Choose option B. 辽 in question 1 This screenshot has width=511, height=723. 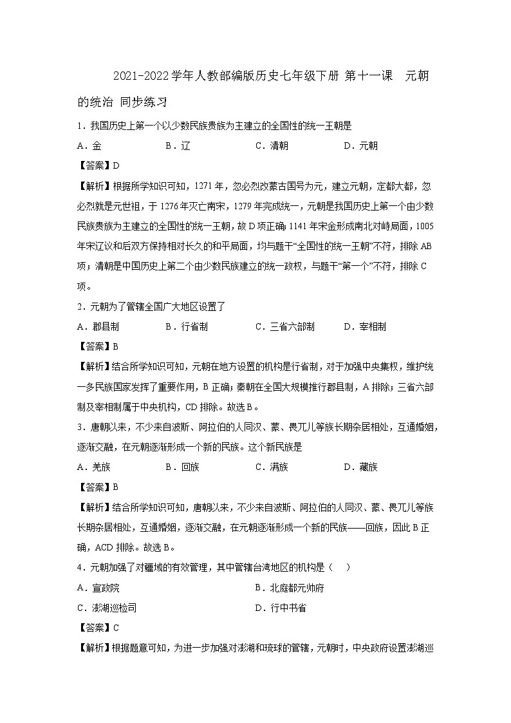(178, 146)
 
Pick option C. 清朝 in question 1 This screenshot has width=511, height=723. (272, 146)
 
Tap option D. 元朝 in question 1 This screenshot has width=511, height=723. (361, 146)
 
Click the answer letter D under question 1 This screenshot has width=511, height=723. (116, 165)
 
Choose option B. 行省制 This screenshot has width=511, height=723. (187, 326)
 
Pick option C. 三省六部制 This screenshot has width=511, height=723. (284, 326)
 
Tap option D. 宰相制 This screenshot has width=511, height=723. (365, 326)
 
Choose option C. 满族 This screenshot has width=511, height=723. (272, 467)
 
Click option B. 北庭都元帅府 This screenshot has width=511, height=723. (289, 587)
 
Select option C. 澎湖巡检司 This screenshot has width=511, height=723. (106, 607)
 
